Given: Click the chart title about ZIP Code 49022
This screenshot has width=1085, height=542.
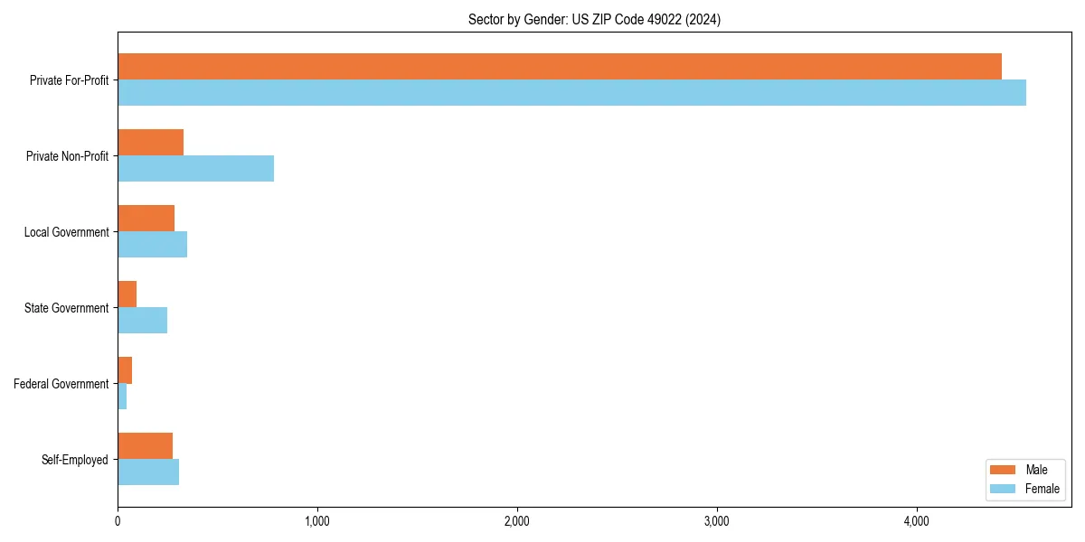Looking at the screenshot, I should (594, 19).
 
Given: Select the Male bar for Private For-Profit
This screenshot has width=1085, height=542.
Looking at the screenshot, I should (559, 67).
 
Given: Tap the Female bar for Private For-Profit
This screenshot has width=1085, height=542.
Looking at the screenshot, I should (571, 93).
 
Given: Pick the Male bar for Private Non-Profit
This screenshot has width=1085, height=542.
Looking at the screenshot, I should (150, 143).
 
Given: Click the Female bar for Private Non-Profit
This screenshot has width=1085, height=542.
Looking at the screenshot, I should (195, 169).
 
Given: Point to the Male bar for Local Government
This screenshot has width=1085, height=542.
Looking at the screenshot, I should (146, 219).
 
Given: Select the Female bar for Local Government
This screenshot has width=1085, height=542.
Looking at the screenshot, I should (152, 245).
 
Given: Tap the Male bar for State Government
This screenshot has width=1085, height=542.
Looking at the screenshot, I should (127, 294).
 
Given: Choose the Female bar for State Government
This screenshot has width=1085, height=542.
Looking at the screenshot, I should (142, 321).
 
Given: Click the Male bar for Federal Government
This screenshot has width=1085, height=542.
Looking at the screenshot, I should (125, 370).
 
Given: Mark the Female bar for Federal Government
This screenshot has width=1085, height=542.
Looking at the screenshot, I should (122, 397).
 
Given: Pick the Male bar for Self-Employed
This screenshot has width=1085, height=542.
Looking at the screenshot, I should (145, 446).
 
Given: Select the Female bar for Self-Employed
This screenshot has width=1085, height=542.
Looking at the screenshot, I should (148, 472).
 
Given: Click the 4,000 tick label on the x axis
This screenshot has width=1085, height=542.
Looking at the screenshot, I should (916, 521).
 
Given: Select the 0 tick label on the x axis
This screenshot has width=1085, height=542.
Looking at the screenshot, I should (118, 521).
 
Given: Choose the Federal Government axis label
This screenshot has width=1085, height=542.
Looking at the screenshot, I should (61, 384).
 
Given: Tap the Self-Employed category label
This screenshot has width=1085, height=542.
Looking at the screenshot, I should (75, 460).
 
